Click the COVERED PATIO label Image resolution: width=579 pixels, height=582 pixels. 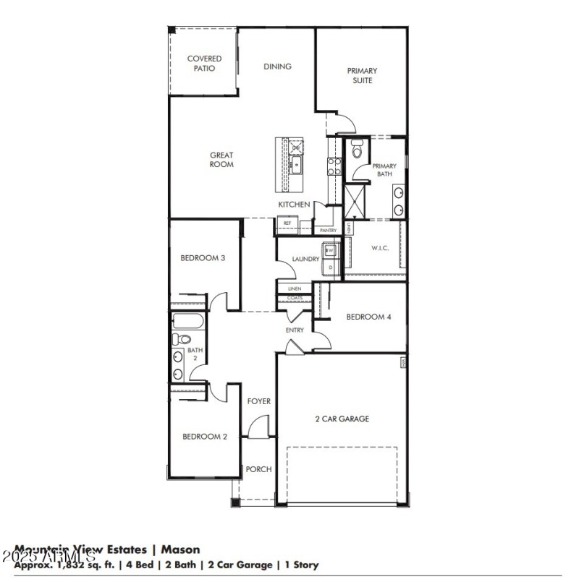click(x=204, y=64)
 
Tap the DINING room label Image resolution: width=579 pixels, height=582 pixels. click(x=277, y=67)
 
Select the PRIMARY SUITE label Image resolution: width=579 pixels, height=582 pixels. click(x=362, y=76)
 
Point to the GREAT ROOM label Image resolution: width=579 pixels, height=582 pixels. click(x=221, y=159)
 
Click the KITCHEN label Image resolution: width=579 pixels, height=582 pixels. click(x=295, y=205)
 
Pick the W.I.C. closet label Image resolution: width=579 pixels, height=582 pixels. click(x=380, y=249)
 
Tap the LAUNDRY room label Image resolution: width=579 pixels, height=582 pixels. click(x=305, y=259)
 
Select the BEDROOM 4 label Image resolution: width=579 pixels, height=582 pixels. click(x=368, y=317)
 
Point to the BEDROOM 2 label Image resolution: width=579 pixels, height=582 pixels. click(x=205, y=436)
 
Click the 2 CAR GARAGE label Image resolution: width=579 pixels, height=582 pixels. click(x=342, y=419)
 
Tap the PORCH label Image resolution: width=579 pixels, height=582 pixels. click(x=258, y=469)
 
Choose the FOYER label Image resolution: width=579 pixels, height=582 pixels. click(x=258, y=401)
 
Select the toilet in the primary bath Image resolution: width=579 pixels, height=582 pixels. click(x=355, y=150)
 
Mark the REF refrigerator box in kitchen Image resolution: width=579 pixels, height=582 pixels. click(x=287, y=224)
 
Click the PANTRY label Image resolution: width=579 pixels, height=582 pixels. click(x=329, y=231)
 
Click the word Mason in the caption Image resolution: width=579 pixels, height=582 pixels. click(x=181, y=550)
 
